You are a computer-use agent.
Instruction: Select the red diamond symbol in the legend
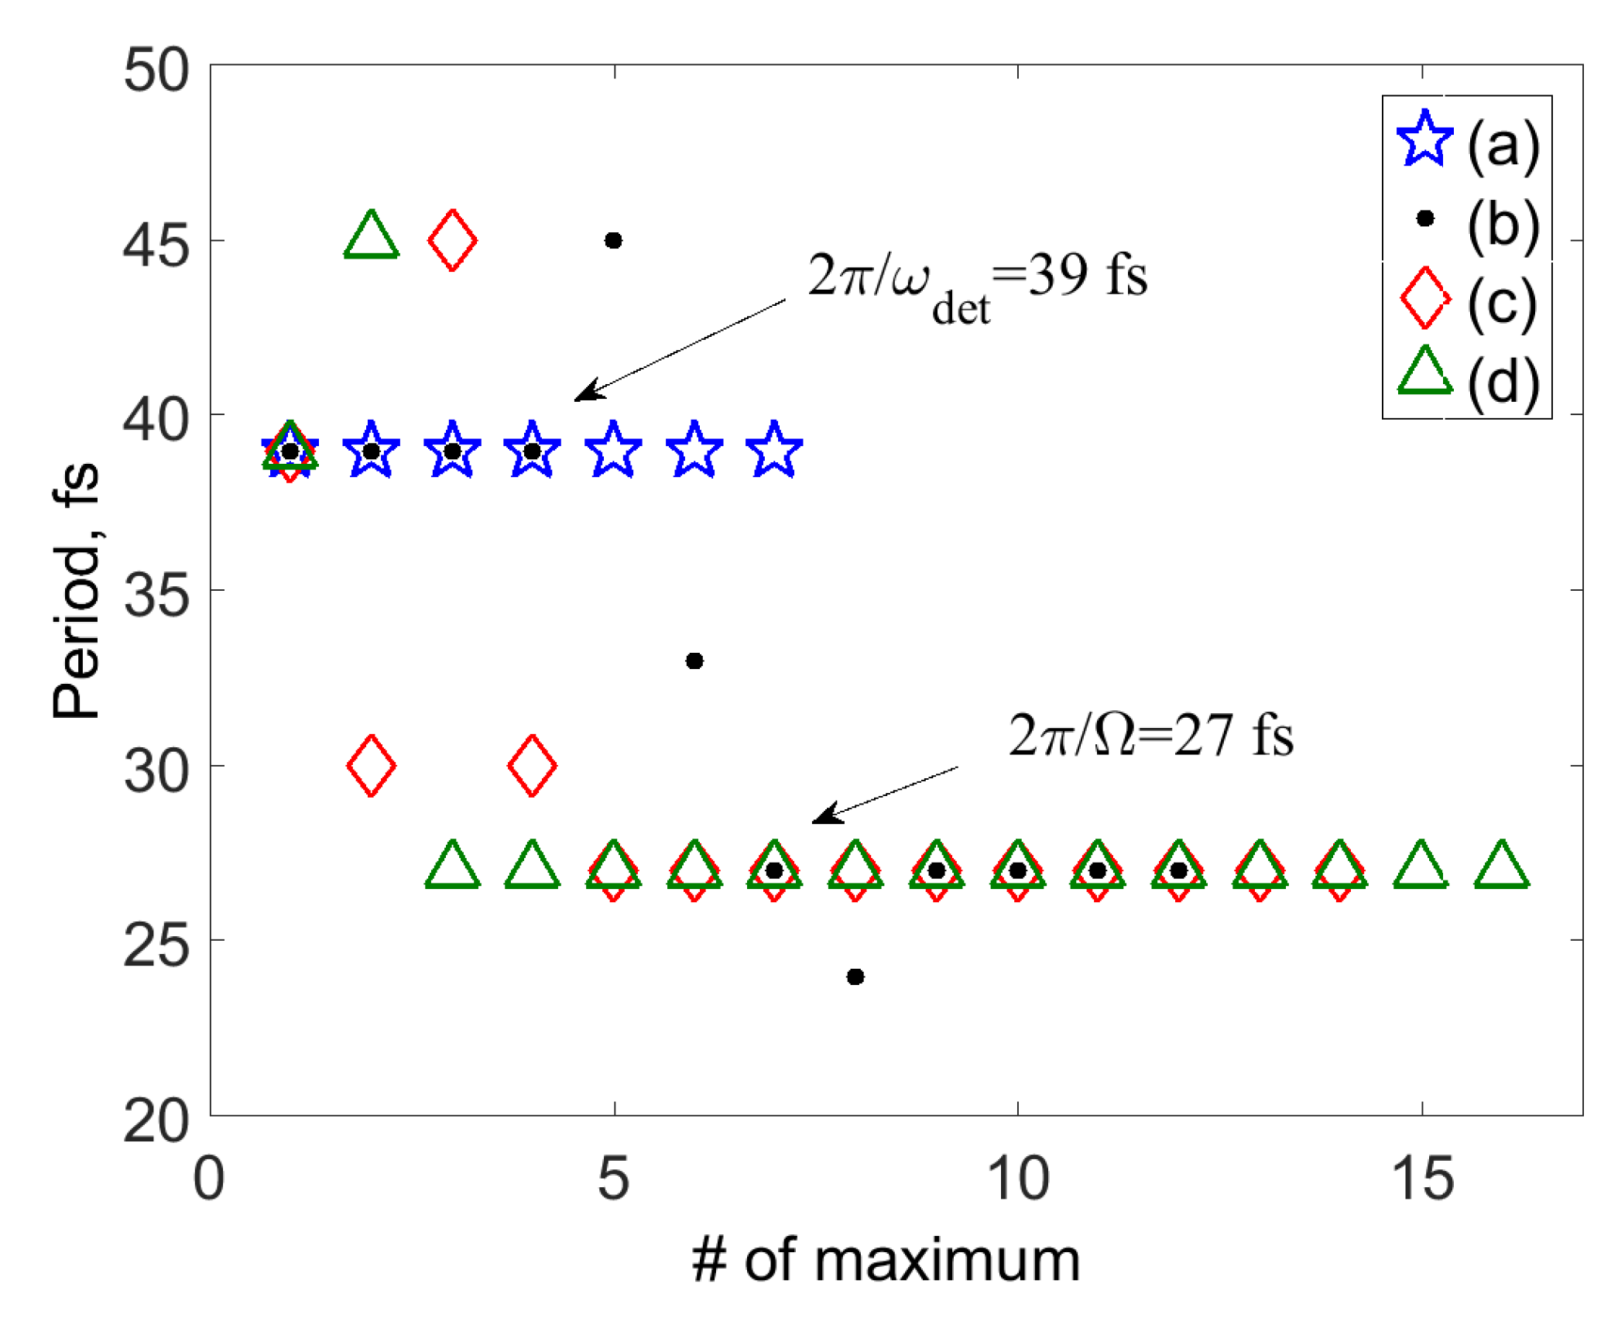(1424, 298)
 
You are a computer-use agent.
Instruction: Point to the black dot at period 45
(613, 241)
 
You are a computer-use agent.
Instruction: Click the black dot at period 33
(694, 661)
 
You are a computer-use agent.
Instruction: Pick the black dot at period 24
(855, 976)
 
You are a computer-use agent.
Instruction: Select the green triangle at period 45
(372, 235)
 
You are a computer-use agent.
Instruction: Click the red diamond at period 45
(452, 240)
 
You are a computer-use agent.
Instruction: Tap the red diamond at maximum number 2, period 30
(372, 765)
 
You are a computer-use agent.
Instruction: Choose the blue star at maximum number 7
(774, 450)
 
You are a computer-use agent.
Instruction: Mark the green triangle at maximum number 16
(1502, 866)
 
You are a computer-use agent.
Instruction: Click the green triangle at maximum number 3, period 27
(453, 866)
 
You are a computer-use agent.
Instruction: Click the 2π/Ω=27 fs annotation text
(1150, 736)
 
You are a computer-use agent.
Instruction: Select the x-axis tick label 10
(1017, 1179)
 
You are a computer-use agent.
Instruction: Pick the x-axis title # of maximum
(886, 1261)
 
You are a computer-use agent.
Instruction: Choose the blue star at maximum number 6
(694, 450)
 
